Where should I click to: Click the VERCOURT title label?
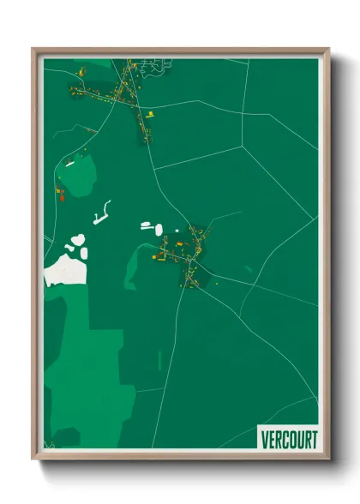pos(288,439)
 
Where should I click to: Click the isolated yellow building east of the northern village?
pos(150,112)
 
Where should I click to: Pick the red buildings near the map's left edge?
pos(61,193)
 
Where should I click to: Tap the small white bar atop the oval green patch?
pos(69,163)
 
